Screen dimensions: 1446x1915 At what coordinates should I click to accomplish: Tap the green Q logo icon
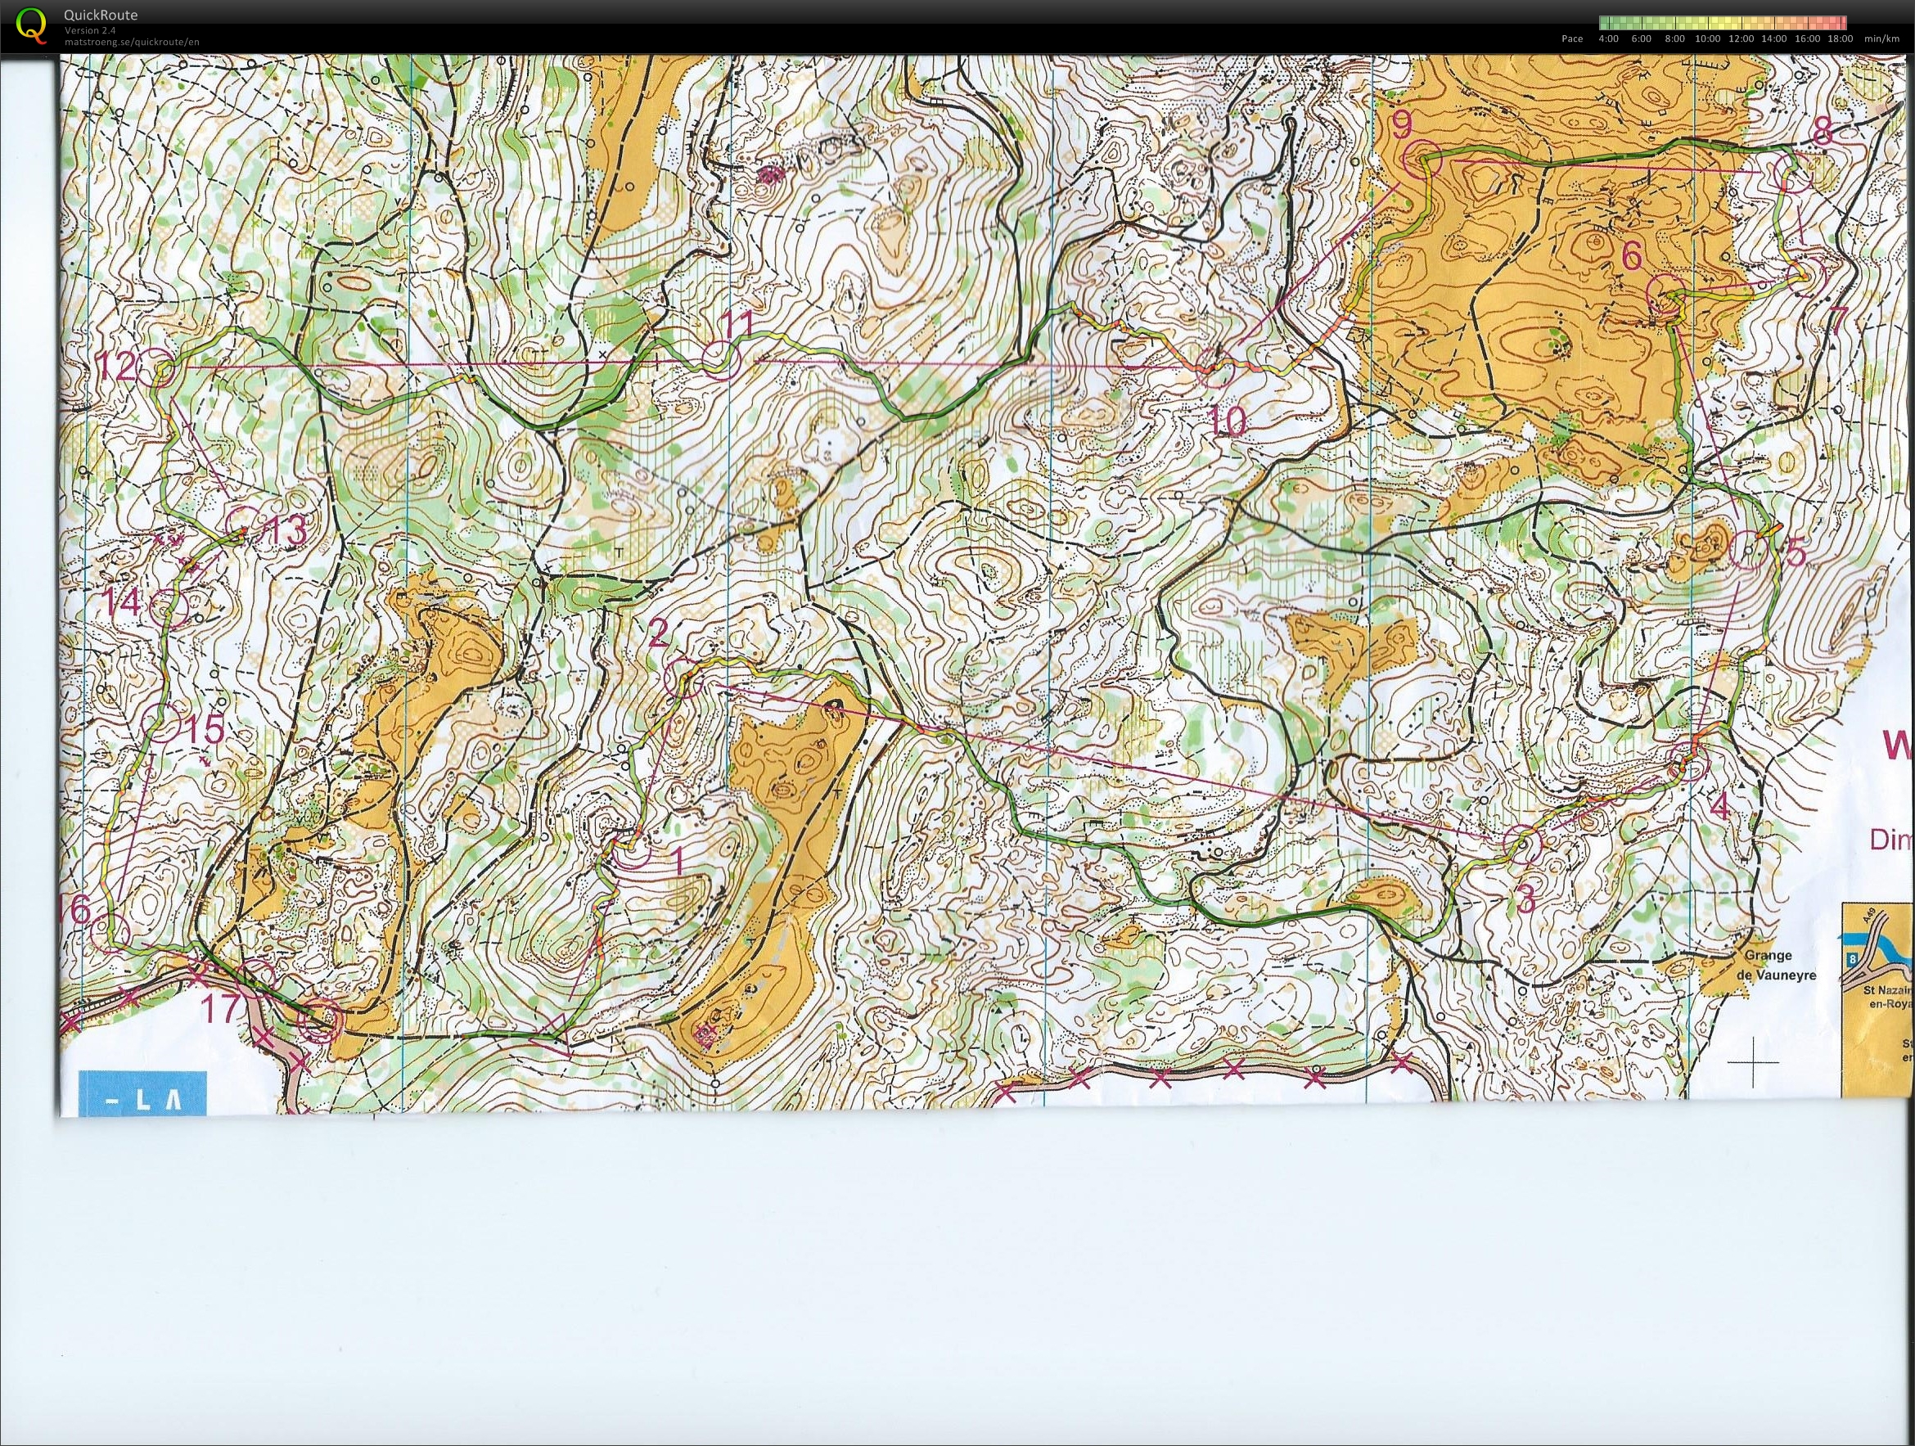tap(33, 25)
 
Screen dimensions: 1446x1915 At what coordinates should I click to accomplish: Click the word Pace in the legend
tap(1572, 38)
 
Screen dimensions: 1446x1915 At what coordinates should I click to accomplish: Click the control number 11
tap(737, 325)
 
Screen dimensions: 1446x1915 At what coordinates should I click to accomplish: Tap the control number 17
tap(220, 1008)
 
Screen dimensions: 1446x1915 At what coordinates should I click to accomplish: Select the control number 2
tap(658, 634)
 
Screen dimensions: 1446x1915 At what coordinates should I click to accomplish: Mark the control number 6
tap(1631, 255)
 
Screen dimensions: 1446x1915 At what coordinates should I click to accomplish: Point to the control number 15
tap(205, 728)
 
